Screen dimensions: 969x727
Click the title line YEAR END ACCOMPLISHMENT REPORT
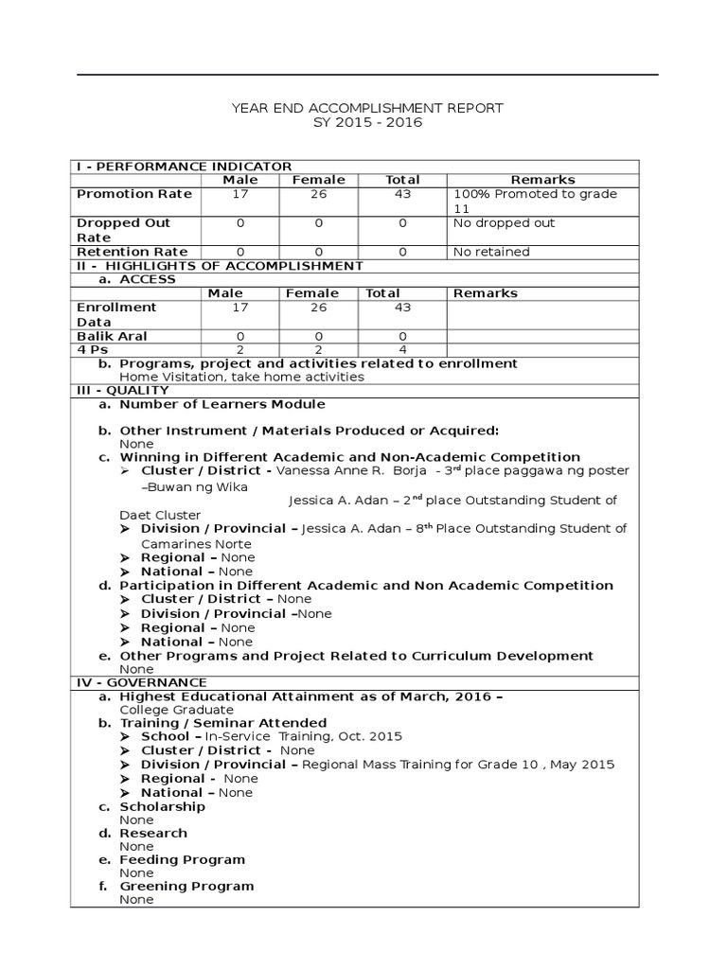367,108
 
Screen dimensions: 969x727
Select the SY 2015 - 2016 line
367,123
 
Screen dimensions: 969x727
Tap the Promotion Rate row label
133,194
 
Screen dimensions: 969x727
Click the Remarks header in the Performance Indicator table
542,180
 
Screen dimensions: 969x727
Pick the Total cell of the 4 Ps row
403,350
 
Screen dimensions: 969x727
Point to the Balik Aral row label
112,336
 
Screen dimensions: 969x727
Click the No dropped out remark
505,223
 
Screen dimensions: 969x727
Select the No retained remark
491,252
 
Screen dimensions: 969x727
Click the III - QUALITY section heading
122,390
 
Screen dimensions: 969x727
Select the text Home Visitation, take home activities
241,377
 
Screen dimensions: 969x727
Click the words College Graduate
176,710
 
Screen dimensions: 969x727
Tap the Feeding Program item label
182,859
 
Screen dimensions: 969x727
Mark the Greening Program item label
186,886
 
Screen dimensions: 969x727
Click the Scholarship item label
162,806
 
